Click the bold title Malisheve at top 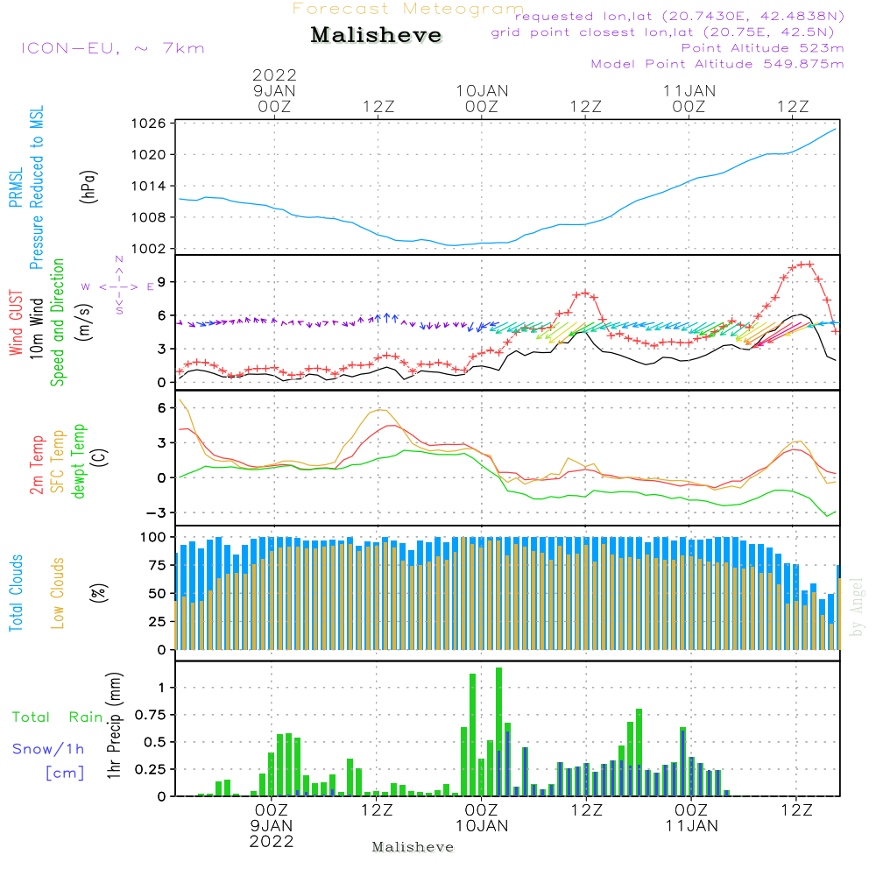[x=376, y=35]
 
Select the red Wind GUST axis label [x=17, y=325]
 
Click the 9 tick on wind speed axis [x=162, y=282]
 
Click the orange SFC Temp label [x=56, y=462]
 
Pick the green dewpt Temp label [x=78, y=462]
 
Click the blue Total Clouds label [x=17, y=593]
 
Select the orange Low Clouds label [x=58, y=593]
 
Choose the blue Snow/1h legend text [x=48, y=749]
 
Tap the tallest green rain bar [x=498, y=731]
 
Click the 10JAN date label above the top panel [x=481, y=90]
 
